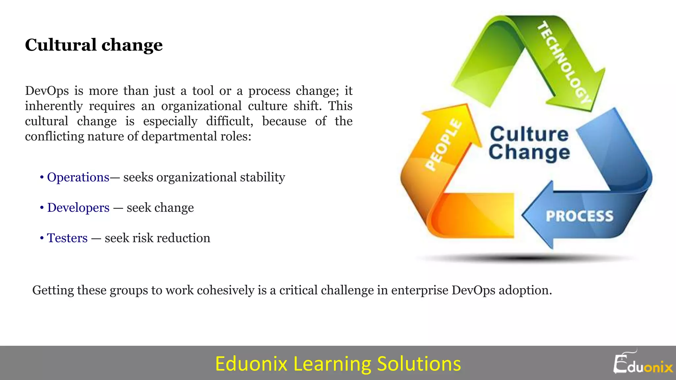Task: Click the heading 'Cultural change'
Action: (x=94, y=45)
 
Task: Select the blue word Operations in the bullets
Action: (x=78, y=177)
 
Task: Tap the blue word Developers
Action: (x=78, y=208)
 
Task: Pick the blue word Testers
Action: (x=67, y=238)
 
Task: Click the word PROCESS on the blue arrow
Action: (x=579, y=216)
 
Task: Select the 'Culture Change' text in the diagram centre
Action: (x=529, y=143)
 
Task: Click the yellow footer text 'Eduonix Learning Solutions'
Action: (x=338, y=364)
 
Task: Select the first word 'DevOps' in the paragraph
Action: (x=47, y=91)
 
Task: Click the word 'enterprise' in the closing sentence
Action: (x=420, y=290)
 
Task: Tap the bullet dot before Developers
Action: (x=42, y=208)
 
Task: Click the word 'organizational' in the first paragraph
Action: (x=201, y=106)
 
